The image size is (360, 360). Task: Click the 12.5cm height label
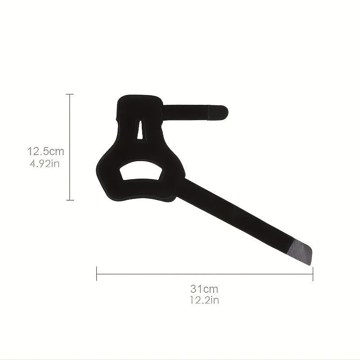(x=46, y=152)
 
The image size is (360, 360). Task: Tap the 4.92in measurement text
(x=45, y=164)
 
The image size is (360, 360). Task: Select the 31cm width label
(x=204, y=289)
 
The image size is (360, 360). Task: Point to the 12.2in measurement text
(x=204, y=300)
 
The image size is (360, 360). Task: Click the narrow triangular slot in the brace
(x=139, y=130)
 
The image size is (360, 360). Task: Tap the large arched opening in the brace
(x=141, y=171)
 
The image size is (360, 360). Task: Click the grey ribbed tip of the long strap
(x=301, y=251)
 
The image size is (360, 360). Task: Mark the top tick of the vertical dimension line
(x=70, y=94)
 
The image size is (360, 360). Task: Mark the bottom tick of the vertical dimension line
(x=70, y=200)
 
